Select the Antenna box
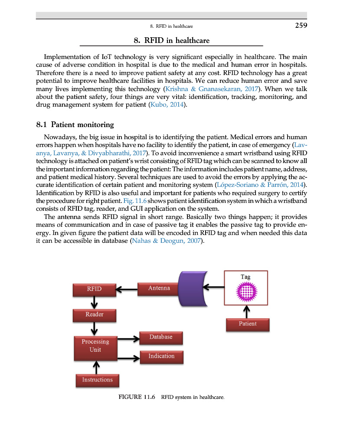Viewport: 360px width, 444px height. point(159,288)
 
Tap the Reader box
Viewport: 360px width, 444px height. point(95,315)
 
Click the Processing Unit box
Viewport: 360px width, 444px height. point(95,346)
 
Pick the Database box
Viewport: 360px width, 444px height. point(161,337)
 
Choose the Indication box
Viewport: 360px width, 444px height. point(161,356)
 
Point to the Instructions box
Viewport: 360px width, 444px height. point(97,380)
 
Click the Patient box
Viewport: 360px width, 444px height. point(247,324)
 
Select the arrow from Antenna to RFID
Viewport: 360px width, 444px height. point(126,289)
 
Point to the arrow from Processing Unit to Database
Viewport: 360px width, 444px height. point(128,338)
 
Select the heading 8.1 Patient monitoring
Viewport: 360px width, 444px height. point(75,125)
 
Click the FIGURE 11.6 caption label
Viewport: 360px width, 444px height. point(137,397)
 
